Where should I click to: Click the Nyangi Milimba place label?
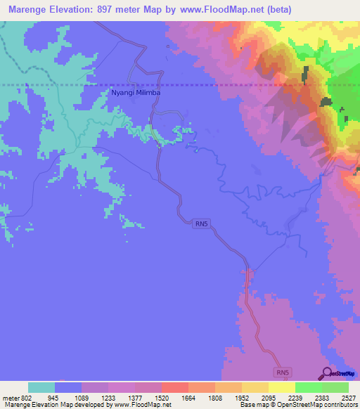point(136,92)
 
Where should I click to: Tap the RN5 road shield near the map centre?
point(202,223)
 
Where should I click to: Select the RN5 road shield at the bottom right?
point(281,370)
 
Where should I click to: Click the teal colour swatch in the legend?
point(41,387)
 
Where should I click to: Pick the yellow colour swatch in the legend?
point(281,387)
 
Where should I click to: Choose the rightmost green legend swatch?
point(335,387)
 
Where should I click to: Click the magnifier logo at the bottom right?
point(327,373)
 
